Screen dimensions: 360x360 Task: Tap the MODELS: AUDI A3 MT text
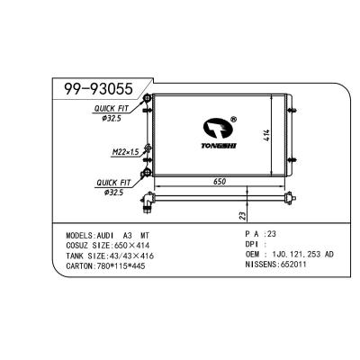98,231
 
